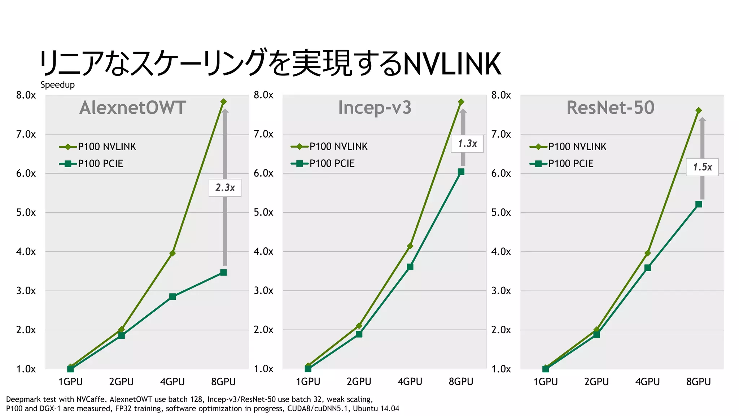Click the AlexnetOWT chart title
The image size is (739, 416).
(x=132, y=108)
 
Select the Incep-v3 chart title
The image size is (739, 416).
(x=375, y=108)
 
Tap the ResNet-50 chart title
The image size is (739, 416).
(x=610, y=108)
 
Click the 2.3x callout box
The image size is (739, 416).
(x=225, y=188)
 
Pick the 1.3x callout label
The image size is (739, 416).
(x=467, y=144)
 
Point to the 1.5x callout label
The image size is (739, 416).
(x=702, y=167)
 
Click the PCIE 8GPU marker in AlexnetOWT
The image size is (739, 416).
(x=223, y=272)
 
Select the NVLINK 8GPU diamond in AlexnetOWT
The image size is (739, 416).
(x=223, y=102)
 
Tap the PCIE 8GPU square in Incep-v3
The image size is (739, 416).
(x=461, y=172)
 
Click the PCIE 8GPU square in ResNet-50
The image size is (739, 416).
(x=698, y=204)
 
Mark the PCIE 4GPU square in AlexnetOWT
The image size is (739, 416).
(x=172, y=296)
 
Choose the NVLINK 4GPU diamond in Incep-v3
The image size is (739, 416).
(x=410, y=246)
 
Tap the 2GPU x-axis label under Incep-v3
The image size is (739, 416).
(x=359, y=382)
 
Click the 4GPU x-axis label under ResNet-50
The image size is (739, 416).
(x=647, y=382)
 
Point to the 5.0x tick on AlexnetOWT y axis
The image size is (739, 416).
(x=26, y=212)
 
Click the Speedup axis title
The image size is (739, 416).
(x=57, y=85)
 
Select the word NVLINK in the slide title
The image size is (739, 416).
(x=452, y=64)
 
